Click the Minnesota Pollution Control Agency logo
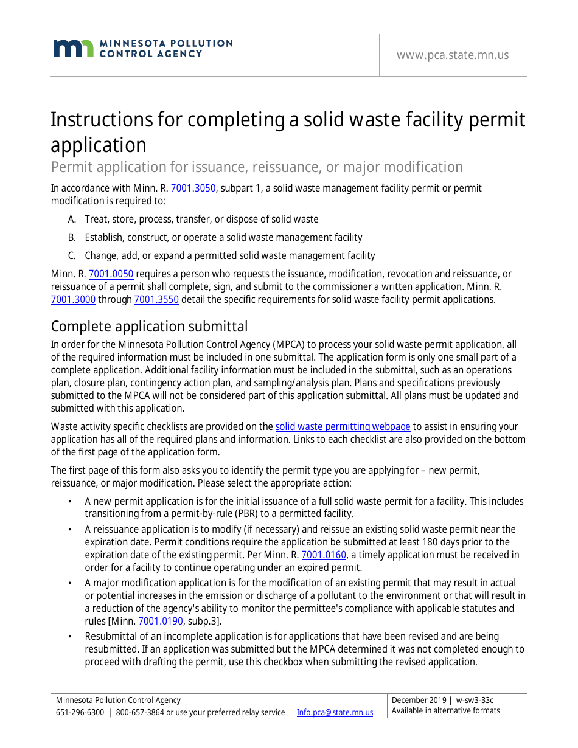[x=142, y=49]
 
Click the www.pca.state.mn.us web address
[x=452, y=55]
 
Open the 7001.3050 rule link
[x=193, y=189]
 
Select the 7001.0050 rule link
[x=111, y=274]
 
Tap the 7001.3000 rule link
[x=73, y=299]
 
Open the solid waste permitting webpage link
[x=343, y=427]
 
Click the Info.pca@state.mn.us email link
[x=335, y=713]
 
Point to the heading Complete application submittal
[x=149, y=327]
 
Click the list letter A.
[x=72, y=220]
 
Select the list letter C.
[x=72, y=256]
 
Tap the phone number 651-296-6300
[x=80, y=713]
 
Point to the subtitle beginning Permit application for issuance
[x=257, y=167]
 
